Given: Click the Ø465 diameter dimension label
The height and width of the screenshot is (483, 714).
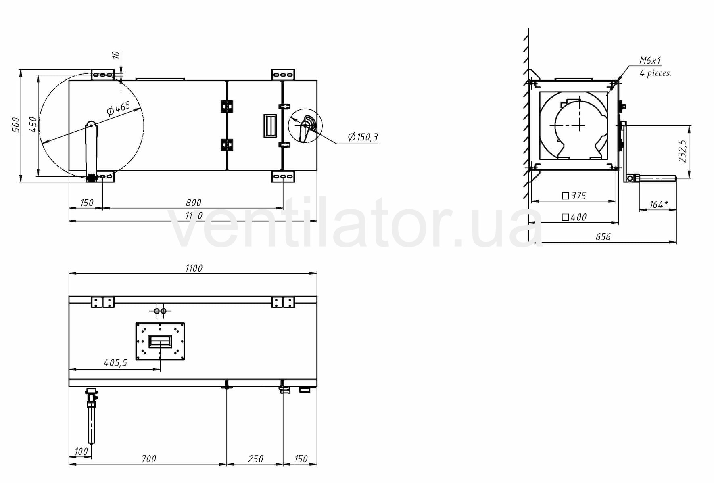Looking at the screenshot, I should click(x=119, y=108).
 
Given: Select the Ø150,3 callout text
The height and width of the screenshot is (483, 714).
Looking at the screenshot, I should click(x=363, y=137).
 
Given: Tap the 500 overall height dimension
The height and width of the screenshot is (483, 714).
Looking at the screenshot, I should click(x=15, y=125).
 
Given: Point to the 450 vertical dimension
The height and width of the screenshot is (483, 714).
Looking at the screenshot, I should click(x=33, y=125).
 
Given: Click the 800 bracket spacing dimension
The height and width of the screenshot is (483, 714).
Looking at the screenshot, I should click(x=193, y=203).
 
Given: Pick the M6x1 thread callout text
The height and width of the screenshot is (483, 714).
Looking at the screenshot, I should click(x=650, y=61).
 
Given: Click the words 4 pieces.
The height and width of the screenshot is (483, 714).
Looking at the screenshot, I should click(x=655, y=73).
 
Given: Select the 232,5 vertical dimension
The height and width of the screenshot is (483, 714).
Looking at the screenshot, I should click(x=682, y=151).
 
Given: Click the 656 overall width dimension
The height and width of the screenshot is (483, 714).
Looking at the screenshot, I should click(x=603, y=237).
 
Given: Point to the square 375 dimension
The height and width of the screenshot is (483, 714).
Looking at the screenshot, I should click(x=574, y=196).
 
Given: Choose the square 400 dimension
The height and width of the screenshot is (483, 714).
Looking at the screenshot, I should click(x=574, y=217).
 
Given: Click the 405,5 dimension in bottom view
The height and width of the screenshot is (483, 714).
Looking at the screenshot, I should click(x=115, y=363).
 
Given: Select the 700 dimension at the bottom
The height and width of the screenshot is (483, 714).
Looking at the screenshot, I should click(x=148, y=459).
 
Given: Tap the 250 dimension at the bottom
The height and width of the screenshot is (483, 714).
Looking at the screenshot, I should click(x=255, y=459).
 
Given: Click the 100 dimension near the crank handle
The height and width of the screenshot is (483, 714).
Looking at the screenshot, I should click(x=81, y=452).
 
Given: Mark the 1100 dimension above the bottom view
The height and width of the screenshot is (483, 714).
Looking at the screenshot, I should click(x=194, y=268).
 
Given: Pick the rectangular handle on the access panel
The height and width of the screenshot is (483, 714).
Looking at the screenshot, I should click(x=270, y=125).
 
